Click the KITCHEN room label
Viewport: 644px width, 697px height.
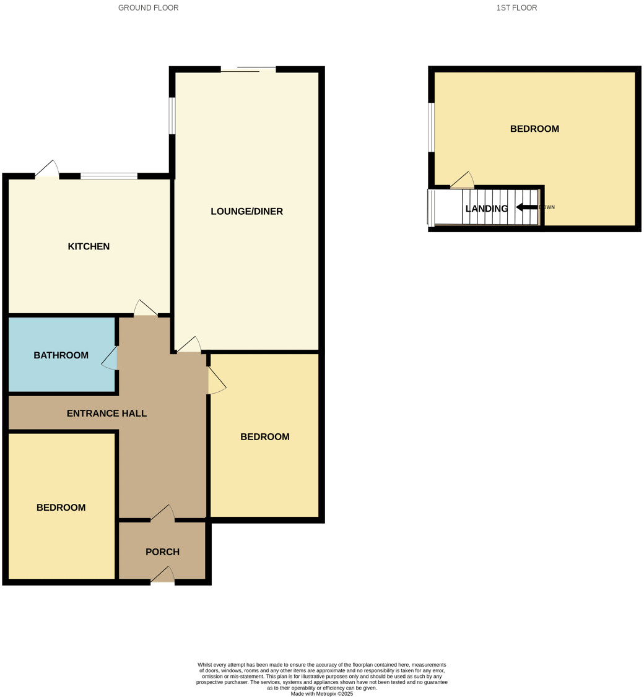[x=89, y=246]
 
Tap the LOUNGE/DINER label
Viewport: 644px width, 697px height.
[x=246, y=211]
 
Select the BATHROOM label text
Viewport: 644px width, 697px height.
[x=61, y=355]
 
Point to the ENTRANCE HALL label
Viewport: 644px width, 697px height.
[x=107, y=413]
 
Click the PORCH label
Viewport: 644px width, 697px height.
[x=162, y=552]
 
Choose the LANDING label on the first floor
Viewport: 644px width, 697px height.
[x=486, y=209]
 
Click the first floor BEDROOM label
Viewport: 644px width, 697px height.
[x=534, y=129]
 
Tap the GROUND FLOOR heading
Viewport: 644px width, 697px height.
[x=148, y=8]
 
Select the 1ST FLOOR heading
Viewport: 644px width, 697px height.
[x=516, y=8]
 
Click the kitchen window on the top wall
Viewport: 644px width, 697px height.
[x=109, y=176]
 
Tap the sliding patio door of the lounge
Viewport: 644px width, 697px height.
[x=248, y=69]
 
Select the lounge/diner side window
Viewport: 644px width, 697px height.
[x=172, y=116]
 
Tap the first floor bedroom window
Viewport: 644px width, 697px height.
[x=432, y=127]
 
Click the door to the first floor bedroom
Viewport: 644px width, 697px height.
[x=462, y=180]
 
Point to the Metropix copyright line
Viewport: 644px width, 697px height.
[x=321, y=694]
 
